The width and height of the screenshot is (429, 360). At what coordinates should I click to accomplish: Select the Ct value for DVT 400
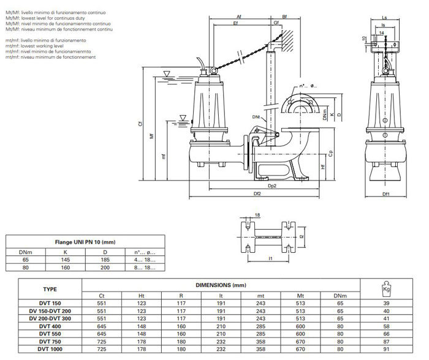click(101, 326)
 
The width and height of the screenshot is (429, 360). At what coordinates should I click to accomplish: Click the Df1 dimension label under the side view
click(386, 195)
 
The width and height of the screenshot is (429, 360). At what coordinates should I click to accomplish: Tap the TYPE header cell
click(50, 288)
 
